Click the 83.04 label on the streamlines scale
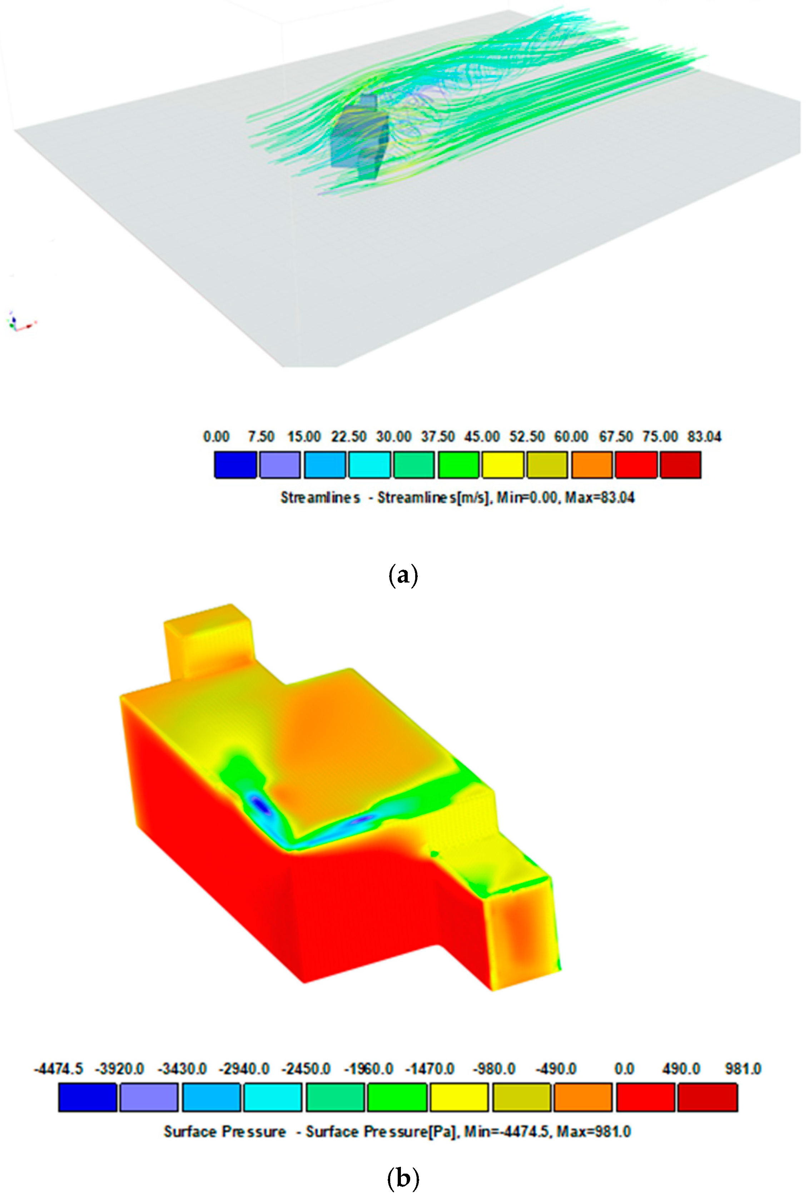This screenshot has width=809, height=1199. [x=704, y=437]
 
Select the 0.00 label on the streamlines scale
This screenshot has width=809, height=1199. [x=216, y=437]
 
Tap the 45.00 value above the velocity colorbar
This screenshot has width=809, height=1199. [x=481, y=437]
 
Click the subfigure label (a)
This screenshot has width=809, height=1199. [x=402, y=575]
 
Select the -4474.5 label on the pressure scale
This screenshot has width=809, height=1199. [x=58, y=1069]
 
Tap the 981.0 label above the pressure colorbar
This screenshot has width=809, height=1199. [x=743, y=1069]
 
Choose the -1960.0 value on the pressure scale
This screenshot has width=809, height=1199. [x=368, y=1069]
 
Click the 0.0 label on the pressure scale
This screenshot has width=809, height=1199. [x=624, y=1069]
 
